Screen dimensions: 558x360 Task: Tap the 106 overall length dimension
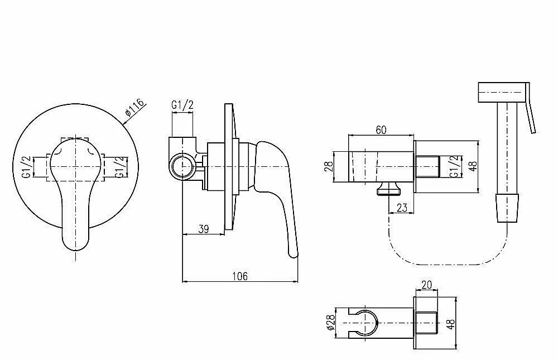tap(240, 276)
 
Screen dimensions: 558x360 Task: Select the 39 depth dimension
tap(204, 229)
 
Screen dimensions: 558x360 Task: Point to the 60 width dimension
tap(381, 130)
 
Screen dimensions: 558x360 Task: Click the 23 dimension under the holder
tap(402, 208)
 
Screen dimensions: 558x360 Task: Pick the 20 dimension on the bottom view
tap(426, 285)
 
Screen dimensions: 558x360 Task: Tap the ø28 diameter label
tap(330, 322)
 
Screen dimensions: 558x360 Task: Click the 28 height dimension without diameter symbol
tap(329, 167)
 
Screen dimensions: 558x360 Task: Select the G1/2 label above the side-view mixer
tap(182, 105)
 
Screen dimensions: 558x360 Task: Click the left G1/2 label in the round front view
tap(26, 167)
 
